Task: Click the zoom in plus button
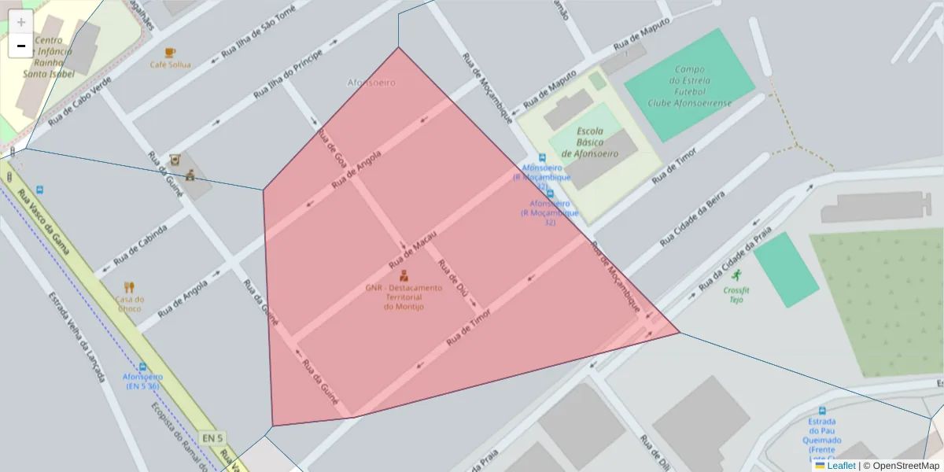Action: pos(21,22)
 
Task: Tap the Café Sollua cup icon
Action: pos(171,53)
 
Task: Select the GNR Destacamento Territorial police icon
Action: pos(404,275)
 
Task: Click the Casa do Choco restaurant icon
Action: pos(130,287)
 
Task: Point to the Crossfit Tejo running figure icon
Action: pos(736,275)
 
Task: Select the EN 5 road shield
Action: pos(212,437)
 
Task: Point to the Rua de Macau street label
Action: pos(413,253)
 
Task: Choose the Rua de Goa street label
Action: pos(332,148)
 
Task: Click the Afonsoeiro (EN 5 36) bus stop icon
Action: pos(142,367)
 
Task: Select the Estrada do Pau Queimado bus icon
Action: pos(822,411)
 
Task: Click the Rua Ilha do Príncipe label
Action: pos(288,76)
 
